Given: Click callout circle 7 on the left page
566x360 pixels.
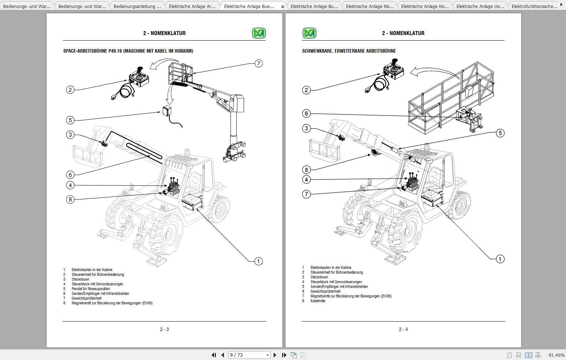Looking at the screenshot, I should click(x=259, y=63).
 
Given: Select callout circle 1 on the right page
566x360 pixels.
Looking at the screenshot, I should click(x=500, y=259).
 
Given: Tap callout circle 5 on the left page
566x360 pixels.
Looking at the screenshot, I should click(x=70, y=120).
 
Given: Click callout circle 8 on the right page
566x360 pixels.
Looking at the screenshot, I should click(x=307, y=169).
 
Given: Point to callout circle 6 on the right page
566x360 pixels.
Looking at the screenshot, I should click(x=307, y=113).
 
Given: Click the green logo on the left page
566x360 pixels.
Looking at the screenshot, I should click(x=259, y=33).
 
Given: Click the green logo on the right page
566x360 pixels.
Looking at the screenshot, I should click(x=309, y=33).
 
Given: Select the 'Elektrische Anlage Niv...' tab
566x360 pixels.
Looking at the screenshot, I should click(x=370, y=6).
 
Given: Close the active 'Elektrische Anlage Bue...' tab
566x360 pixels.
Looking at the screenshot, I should click(x=282, y=7).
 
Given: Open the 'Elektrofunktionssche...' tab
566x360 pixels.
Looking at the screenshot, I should click(x=534, y=6).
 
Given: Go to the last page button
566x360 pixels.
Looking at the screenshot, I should click(x=284, y=355).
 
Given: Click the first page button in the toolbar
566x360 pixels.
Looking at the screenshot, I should click(x=214, y=355).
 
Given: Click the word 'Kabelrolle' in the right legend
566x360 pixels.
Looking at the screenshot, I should click(x=318, y=301).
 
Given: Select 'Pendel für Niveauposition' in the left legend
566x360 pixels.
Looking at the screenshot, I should click(x=91, y=289).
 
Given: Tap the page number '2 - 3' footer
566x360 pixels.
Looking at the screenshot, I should click(x=164, y=329).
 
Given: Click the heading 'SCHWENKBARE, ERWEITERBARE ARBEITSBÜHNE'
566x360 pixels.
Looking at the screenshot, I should click(x=349, y=51).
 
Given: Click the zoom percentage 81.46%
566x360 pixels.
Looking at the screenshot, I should click(x=556, y=355).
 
